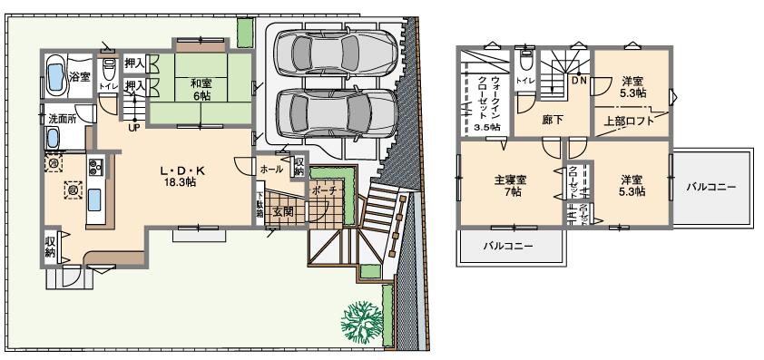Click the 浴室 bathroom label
[x=81, y=76]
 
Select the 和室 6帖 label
[x=201, y=89]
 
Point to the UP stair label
[x=133, y=128]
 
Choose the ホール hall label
[x=270, y=169]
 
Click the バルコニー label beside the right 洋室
[x=710, y=187]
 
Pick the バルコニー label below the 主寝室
[x=507, y=246]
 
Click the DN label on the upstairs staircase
[x=579, y=81]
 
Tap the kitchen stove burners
[x=96, y=168]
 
